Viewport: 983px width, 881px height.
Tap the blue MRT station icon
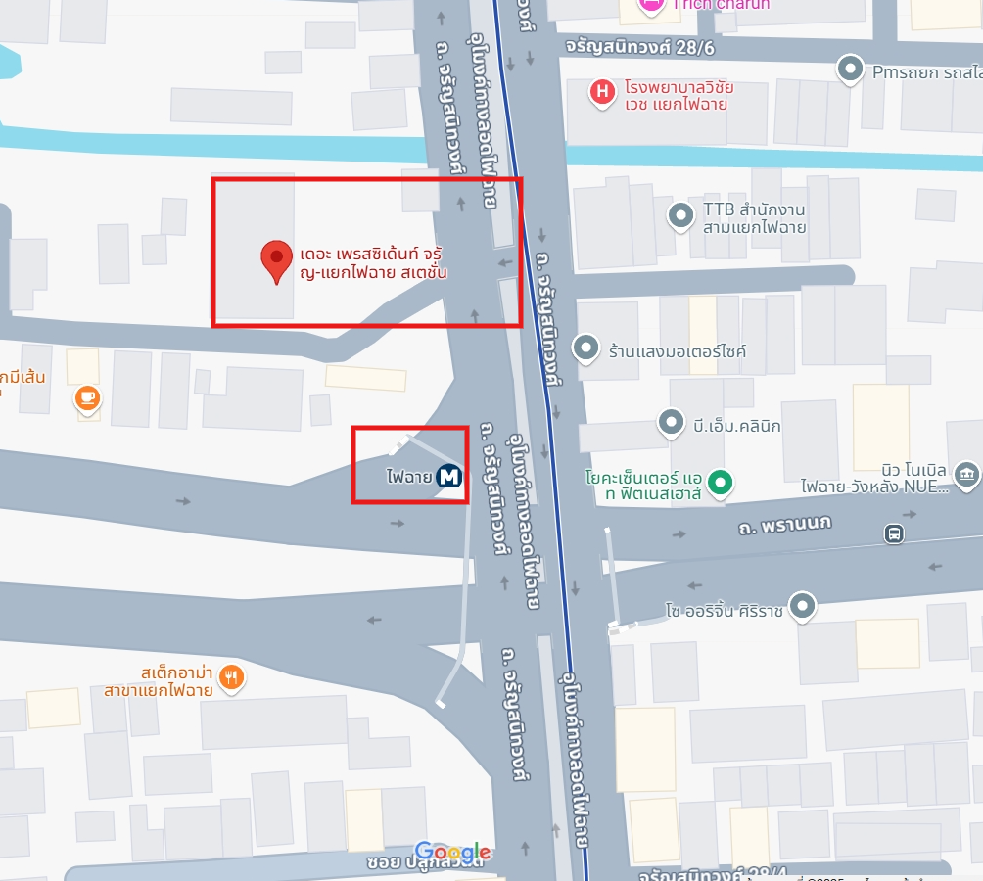coord(449,477)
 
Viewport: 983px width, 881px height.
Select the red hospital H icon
coord(601,93)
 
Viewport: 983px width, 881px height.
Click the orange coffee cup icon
coord(88,397)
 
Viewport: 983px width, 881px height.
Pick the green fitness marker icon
coord(722,481)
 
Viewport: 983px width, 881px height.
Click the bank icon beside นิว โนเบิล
coord(967,476)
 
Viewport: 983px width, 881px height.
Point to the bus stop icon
coord(893,533)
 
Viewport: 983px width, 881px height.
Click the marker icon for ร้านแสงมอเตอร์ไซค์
coord(585,348)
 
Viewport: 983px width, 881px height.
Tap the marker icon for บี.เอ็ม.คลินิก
coord(671,423)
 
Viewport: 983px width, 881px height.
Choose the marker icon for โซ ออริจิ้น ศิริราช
coord(803,605)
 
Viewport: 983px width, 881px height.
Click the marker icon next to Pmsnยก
coord(851,70)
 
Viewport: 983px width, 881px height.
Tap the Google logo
coord(452,852)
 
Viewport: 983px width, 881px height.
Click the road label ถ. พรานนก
coord(784,525)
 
